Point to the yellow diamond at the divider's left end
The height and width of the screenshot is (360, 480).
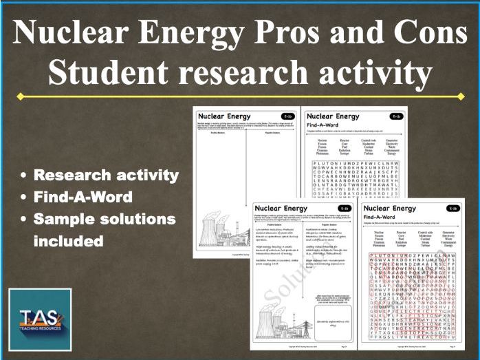tap(20, 96)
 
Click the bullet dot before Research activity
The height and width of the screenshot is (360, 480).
tap(25, 176)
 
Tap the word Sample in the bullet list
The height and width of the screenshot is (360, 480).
tap(69, 220)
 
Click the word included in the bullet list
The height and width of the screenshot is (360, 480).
tap(69, 241)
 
